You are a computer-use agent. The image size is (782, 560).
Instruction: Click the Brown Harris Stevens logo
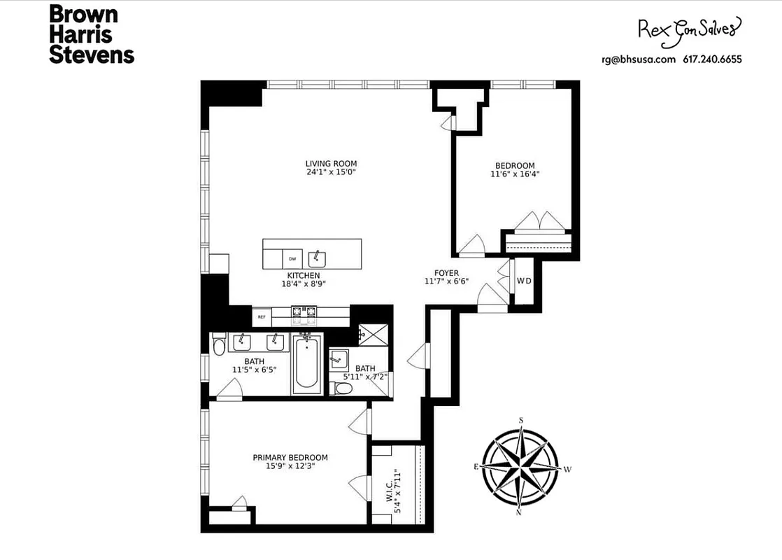tap(91, 34)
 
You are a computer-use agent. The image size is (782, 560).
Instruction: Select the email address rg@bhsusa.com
tap(638, 59)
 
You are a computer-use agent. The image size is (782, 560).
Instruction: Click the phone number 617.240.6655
tap(712, 59)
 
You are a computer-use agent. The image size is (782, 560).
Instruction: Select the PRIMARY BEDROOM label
tap(290, 462)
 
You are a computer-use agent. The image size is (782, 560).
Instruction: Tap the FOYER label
tap(446, 277)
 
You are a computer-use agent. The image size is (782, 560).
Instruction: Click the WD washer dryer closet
tap(523, 281)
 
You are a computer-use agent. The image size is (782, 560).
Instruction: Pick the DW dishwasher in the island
tap(292, 258)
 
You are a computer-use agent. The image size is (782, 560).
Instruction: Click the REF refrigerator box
tap(262, 317)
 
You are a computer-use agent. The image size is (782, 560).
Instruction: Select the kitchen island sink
tap(318, 257)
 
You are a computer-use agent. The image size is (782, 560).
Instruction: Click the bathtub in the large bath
tap(306, 364)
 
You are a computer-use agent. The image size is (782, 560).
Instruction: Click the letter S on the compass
tap(521, 420)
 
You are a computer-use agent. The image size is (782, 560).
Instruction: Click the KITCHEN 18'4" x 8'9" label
tap(302, 280)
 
